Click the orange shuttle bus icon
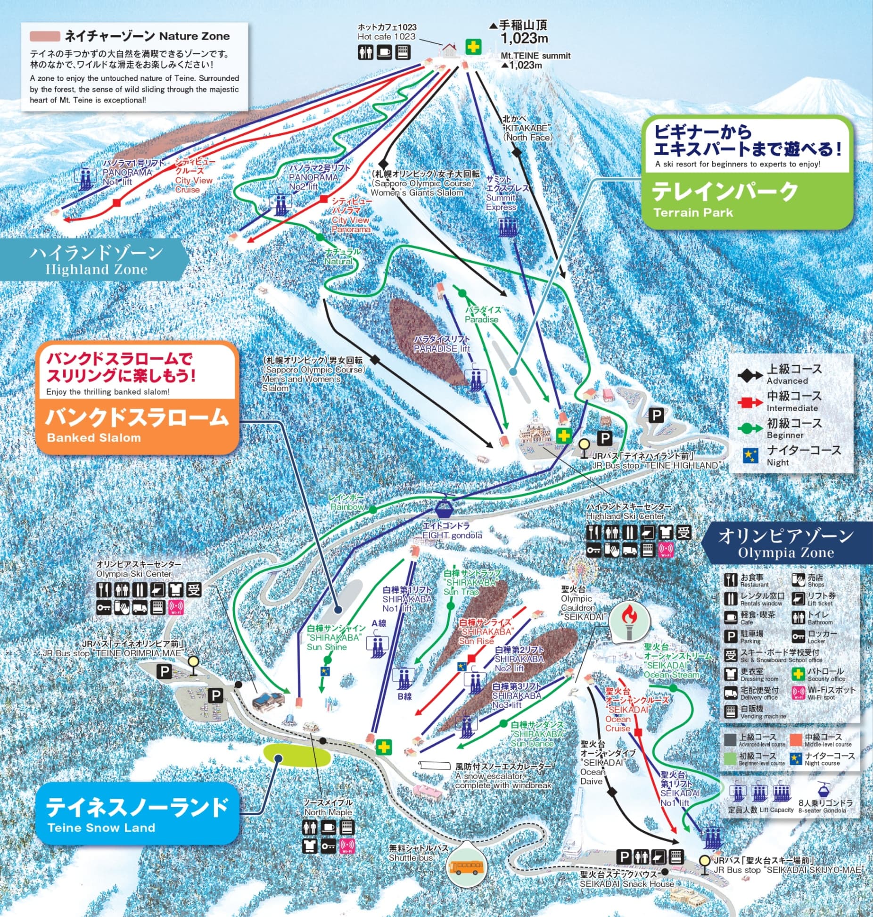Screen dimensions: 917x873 point(467,868)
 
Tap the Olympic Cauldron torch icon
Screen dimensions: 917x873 point(628,618)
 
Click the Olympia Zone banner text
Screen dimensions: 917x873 point(786,544)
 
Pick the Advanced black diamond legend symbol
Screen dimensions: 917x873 point(749,376)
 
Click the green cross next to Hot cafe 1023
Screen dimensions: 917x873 point(473,46)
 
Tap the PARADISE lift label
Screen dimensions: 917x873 point(442,344)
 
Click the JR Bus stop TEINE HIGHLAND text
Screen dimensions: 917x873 point(655,461)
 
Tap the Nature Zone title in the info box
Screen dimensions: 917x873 point(147,36)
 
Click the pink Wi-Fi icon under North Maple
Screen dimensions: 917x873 point(346,846)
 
